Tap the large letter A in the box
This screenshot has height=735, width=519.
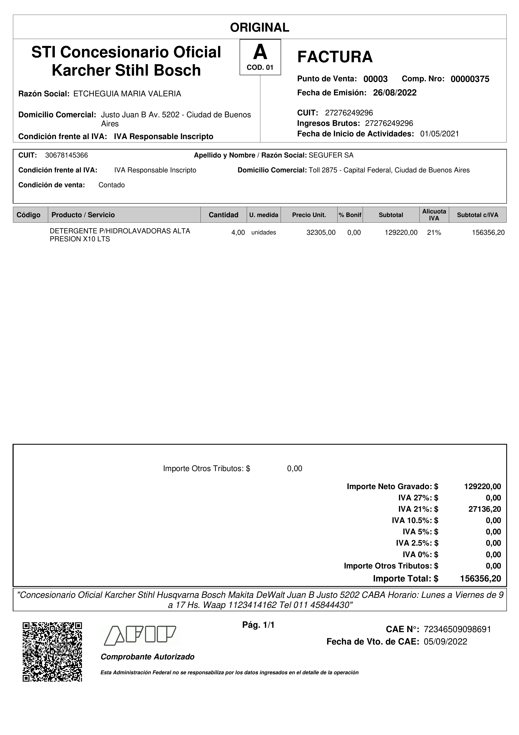[260, 52]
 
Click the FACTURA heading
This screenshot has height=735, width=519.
[335, 57]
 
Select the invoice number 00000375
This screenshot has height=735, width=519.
[470, 79]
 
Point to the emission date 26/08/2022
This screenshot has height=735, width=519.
[395, 93]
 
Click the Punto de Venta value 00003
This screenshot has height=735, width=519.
[375, 79]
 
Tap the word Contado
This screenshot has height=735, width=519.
[112, 185]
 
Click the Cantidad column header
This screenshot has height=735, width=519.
[223, 215]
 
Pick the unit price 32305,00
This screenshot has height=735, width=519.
[321, 233]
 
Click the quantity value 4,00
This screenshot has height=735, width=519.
[238, 233]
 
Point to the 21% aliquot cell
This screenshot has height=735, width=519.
[434, 233]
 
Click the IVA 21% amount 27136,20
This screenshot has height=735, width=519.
[484, 509]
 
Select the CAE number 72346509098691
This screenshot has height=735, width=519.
[457, 629]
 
